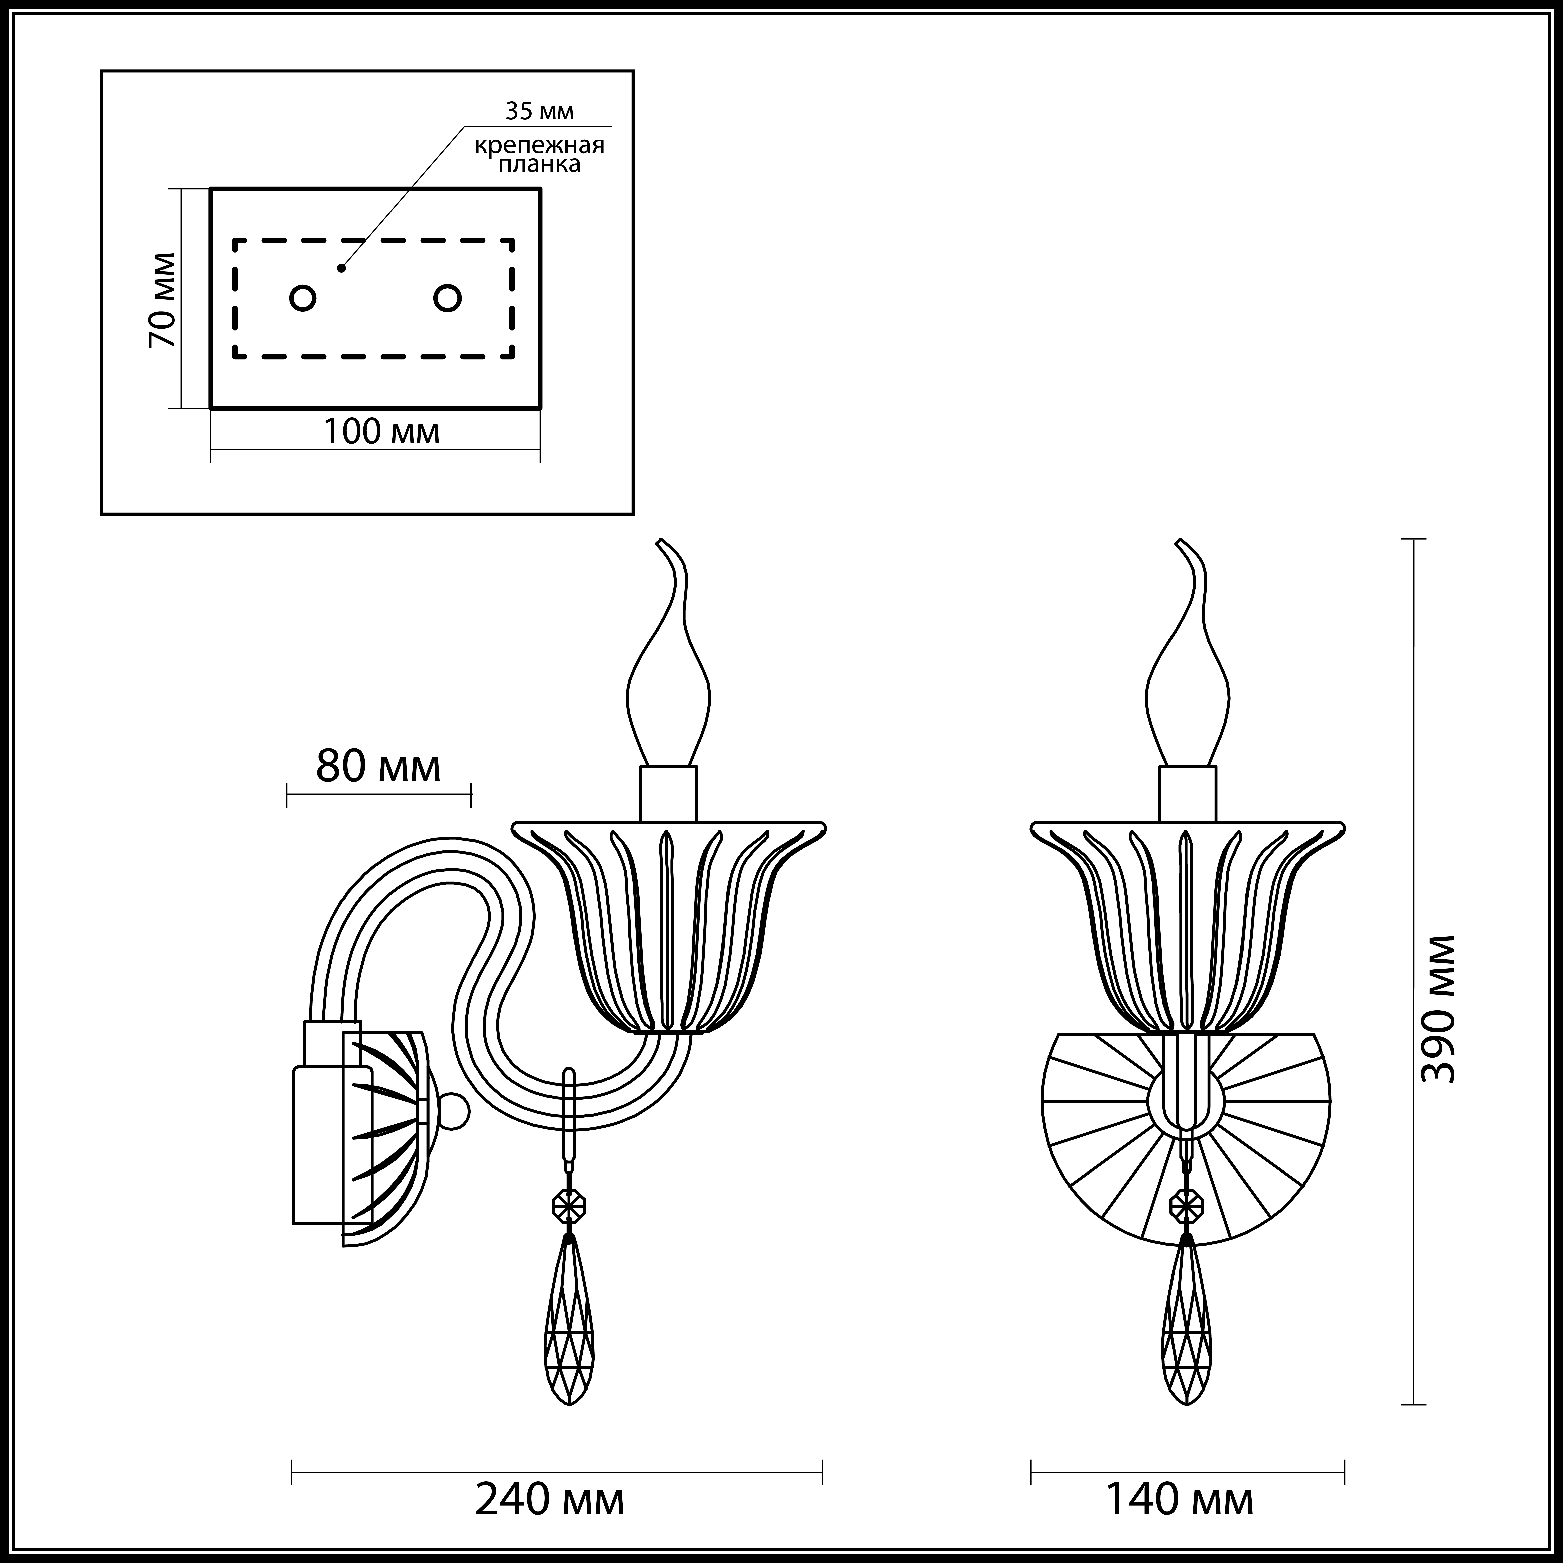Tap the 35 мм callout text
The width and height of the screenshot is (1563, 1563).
pos(540,111)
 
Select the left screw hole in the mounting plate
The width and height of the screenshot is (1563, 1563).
pos(302,298)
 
